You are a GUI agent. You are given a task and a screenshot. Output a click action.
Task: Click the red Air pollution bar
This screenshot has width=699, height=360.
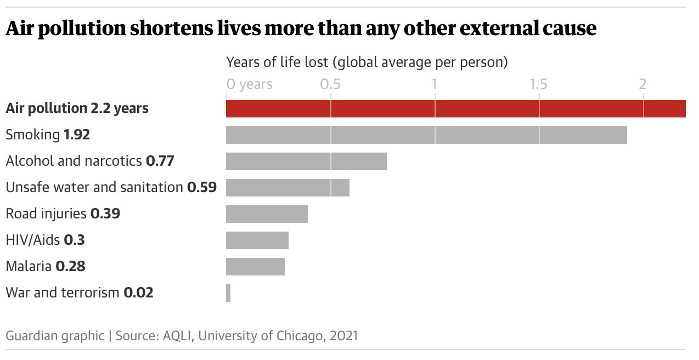coord(455,109)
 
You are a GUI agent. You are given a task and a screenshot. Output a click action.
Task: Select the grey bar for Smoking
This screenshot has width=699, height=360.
coord(426,135)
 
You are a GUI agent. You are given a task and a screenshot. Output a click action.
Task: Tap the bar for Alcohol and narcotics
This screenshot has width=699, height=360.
coord(306,161)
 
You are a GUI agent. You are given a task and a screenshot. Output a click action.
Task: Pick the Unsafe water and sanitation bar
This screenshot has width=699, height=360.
coord(288,188)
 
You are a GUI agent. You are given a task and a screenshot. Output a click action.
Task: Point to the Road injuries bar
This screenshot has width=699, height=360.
coord(267,214)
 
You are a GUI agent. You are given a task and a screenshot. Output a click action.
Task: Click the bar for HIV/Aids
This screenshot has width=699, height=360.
coord(257,240)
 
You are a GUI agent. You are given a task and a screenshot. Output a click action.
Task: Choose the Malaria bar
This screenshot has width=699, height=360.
coord(255,267)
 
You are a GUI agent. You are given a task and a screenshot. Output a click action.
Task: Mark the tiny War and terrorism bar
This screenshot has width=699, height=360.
coord(228,293)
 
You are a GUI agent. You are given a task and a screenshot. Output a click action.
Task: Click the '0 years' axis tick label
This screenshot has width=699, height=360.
coord(249,84)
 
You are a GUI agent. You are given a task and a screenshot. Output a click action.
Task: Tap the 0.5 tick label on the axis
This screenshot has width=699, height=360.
coord(330,84)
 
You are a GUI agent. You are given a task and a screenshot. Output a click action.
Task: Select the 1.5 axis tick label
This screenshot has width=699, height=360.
coord(539,84)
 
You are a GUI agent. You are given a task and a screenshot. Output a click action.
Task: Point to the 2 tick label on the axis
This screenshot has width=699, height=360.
coord(643,84)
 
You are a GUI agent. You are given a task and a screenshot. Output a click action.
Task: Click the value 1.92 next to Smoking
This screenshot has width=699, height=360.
coord(77,134)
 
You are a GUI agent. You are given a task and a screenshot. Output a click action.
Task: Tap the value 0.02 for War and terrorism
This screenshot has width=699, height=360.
coord(138,292)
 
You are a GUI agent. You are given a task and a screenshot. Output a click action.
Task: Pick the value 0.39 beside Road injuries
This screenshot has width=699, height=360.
coord(105,213)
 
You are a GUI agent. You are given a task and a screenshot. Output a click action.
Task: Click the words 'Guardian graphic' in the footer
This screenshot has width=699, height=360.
coord(55,335)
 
